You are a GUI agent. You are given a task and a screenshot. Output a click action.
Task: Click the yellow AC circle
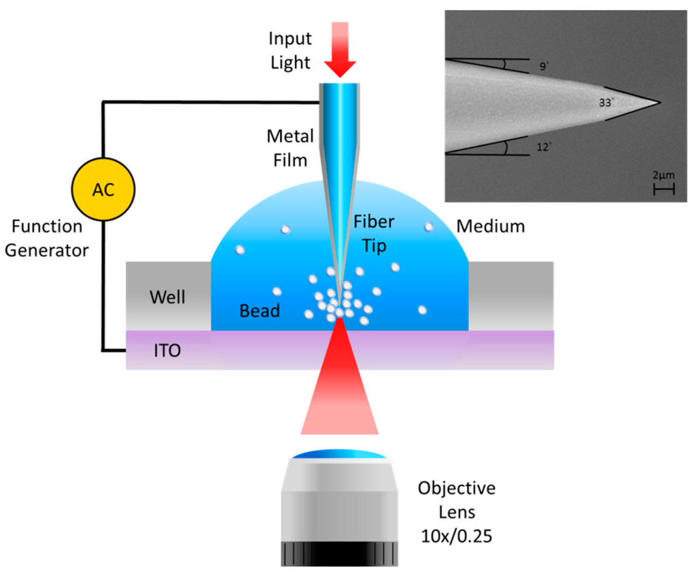coord(103,188)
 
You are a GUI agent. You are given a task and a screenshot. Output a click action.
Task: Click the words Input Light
coord(290,50)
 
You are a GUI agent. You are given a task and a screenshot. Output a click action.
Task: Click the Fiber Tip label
coord(373,233)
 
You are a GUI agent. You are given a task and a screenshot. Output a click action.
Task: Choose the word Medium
coord(490,226)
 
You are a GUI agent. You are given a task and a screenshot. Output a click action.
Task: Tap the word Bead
coord(260,311)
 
